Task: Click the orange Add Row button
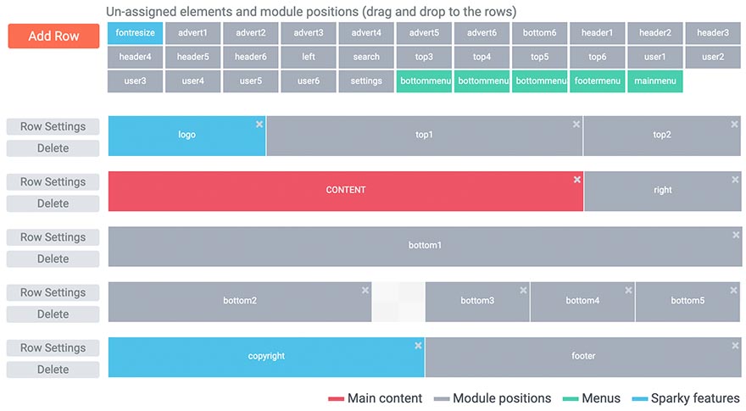click(x=53, y=36)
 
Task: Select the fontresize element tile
click(x=135, y=33)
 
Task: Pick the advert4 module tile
click(x=366, y=33)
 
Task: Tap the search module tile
click(x=366, y=57)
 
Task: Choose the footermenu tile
click(x=597, y=81)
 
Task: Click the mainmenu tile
click(x=655, y=81)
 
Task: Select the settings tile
click(x=366, y=81)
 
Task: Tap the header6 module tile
click(x=251, y=57)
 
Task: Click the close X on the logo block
click(x=259, y=125)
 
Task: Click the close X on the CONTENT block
click(x=577, y=180)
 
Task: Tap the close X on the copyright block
click(x=418, y=346)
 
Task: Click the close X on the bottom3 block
click(x=523, y=290)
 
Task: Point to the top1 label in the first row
click(x=424, y=135)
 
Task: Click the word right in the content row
click(x=663, y=190)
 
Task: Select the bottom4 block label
click(x=582, y=301)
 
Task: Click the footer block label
click(x=583, y=356)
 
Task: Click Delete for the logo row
click(x=53, y=148)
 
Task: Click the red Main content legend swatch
click(x=336, y=398)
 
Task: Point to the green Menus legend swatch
click(x=571, y=398)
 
